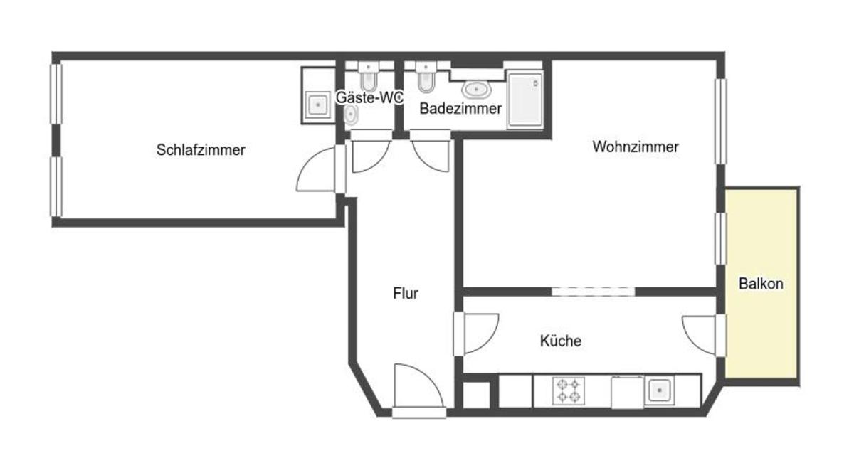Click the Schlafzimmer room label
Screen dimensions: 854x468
(201, 150)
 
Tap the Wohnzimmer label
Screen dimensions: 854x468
(636, 147)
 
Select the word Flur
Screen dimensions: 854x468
(406, 294)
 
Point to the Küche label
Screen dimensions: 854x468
(561, 341)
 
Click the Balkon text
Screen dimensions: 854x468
(761, 284)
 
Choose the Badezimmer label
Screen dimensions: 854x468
(460, 109)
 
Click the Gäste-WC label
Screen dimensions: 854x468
(369, 97)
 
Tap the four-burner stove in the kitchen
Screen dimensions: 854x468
(569, 390)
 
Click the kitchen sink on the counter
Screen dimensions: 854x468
(659, 390)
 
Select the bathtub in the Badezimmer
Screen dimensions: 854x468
(525, 100)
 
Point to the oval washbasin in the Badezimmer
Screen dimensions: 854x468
(476, 90)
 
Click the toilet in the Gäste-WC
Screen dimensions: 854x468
(369, 78)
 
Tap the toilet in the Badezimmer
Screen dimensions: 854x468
(426, 78)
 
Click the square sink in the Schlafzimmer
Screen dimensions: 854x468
(317, 105)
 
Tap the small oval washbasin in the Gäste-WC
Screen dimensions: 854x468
(351, 115)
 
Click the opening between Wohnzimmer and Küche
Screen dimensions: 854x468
(593, 292)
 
